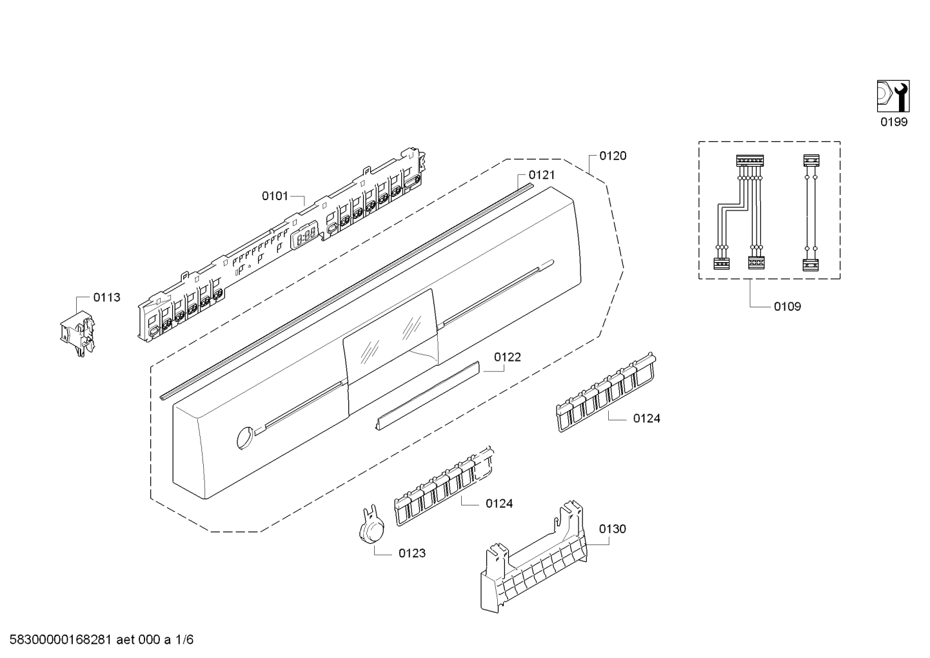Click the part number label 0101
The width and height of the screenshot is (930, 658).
click(x=275, y=196)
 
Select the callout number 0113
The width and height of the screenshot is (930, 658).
click(x=106, y=298)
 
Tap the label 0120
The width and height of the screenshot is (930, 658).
click(x=612, y=156)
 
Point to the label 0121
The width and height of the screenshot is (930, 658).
click(x=541, y=175)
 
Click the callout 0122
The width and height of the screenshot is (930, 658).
click(x=508, y=357)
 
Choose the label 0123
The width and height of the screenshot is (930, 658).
click(x=412, y=553)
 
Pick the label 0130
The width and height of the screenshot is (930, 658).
click(x=612, y=529)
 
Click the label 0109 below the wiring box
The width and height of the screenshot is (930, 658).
click(x=787, y=307)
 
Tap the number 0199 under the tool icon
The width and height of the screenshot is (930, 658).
click(x=894, y=122)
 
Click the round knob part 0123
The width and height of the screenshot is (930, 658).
click(x=370, y=529)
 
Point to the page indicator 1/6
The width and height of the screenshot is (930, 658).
click(x=184, y=640)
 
